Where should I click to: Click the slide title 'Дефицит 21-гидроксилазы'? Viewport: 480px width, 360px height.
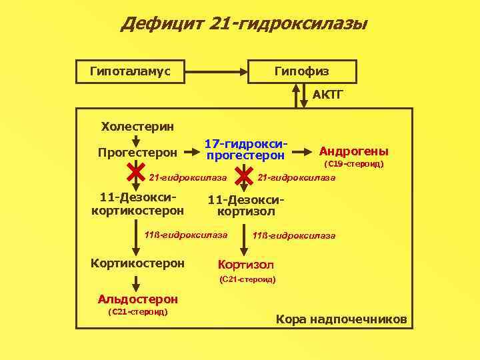pyautogui.click(x=244, y=25)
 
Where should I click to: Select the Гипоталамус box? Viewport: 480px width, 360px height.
pyautogui.click(x=131, y=71)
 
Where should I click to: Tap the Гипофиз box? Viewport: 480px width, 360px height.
pyautogui.click(x=302, y=71)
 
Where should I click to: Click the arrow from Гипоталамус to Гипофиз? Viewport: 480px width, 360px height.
pyautogui.click(x=217, y=71)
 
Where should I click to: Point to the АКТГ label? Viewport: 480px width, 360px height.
pyautogui.click(x=328, y=95)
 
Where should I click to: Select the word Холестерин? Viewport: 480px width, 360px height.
pyautogui.click(x=137, y=125)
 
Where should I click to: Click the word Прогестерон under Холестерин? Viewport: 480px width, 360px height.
pyautogui.click(x=137, y=153)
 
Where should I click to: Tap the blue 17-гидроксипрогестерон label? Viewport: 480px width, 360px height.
pyautogui.click(x=246, y=150)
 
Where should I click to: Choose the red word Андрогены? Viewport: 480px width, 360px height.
pyautogui.click(x=354, y=151)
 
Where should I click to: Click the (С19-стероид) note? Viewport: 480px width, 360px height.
pyautogui.click(x=353, y=163)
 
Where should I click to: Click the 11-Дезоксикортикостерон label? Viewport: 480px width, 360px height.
pyautogui.click(x=137, y=204)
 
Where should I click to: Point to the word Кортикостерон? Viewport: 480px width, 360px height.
pyautogui.click(x=137, y=263)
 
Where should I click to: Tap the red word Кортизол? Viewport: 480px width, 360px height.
pyautogui.click(x=246, y=264)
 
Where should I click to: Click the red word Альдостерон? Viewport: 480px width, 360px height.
pyautogui.click(x=137, y=299)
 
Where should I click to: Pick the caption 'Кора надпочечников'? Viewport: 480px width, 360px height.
pyautogui.click(x=341, y=319)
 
